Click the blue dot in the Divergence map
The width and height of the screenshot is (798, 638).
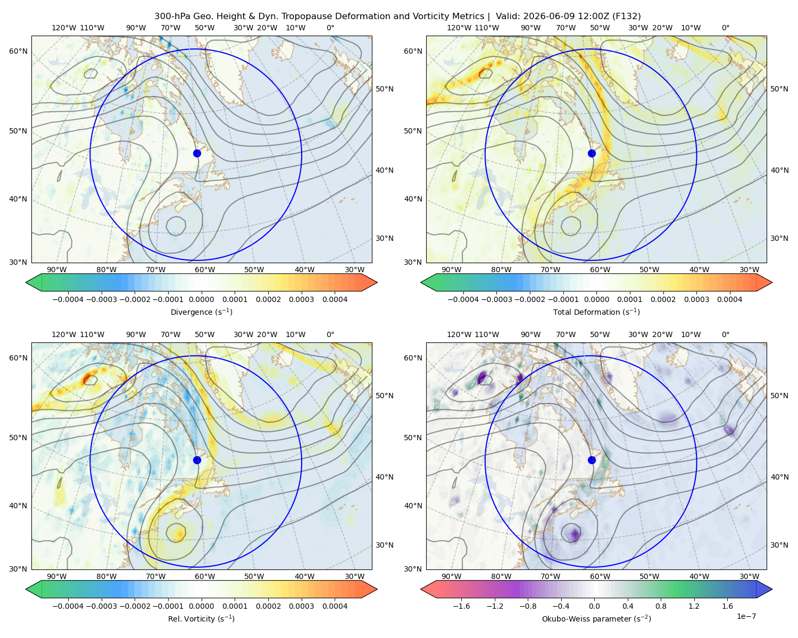(197, 153)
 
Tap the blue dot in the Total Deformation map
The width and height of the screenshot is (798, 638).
(592, 153)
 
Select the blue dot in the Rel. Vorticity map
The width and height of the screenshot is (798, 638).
(197, 460)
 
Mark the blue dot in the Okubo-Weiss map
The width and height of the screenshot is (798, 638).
(592, 460)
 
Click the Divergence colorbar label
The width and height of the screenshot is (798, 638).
(201, 312)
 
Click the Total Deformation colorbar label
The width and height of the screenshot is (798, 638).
(596, 312)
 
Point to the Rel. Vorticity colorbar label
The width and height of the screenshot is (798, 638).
(201, 619)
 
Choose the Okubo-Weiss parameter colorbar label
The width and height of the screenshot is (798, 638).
(596, 619)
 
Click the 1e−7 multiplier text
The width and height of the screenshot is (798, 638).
(746, 616)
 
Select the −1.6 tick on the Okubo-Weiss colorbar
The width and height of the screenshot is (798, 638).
(462, 606)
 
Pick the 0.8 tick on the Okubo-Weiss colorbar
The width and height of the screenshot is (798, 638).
(661, 606)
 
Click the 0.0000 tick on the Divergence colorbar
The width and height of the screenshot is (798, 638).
(201, 299)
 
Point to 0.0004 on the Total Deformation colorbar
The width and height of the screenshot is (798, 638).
(729, 299)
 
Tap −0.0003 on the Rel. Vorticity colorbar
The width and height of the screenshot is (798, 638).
(101, 606)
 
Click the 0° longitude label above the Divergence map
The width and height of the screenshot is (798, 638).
(330, 28)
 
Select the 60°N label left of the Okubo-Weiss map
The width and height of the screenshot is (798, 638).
(413, 358)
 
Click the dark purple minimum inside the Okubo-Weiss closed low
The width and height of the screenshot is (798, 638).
(575, 534)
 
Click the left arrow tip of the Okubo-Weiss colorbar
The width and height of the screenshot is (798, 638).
(421, 589)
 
